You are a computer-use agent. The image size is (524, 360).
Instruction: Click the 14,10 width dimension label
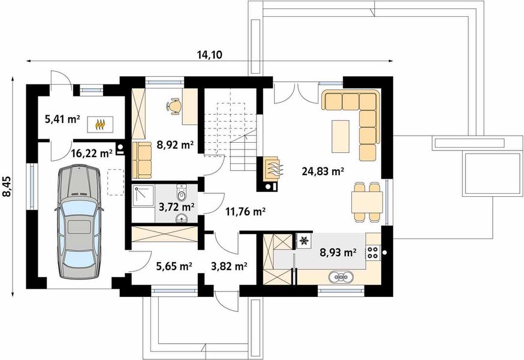click(x=209, y=55)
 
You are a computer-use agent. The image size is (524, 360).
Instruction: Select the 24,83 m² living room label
click(x=323, y=172)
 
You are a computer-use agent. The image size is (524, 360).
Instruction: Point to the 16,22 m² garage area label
click(x=92, y=153)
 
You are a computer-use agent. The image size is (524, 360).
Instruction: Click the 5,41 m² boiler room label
click(x=62, y=119)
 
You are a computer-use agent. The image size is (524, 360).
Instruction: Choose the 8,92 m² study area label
click(x=175, y=145)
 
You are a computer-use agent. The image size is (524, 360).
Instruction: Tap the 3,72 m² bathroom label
click(x=177, y=207)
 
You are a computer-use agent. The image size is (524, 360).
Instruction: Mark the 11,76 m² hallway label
click(x=245, y=211)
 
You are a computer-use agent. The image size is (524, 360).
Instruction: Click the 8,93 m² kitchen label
click(x=338, y=252)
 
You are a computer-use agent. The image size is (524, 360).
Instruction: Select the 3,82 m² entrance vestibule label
click(x=229, y=266)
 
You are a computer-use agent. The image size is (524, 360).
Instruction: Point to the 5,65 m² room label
click(x=174, y=266)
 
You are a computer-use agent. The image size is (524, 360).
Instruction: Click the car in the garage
click(x=79, y=221)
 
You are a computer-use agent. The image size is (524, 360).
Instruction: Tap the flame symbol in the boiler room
click(x=100, y=124)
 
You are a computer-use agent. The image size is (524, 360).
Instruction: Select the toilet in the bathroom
click(x=182, y=192)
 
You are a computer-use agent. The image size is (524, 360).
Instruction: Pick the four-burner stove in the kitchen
click(x=372, y=252)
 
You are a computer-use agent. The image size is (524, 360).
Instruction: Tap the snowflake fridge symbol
click(x=304, y=240)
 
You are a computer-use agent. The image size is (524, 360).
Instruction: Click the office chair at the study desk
click(x=174, y=106)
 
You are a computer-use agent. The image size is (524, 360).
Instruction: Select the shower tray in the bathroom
click(x=143, y=196)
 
